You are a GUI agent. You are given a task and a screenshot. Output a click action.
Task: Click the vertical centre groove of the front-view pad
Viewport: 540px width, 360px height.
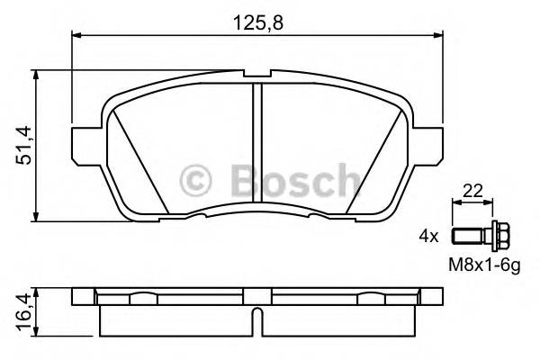[x=257, y=144]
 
